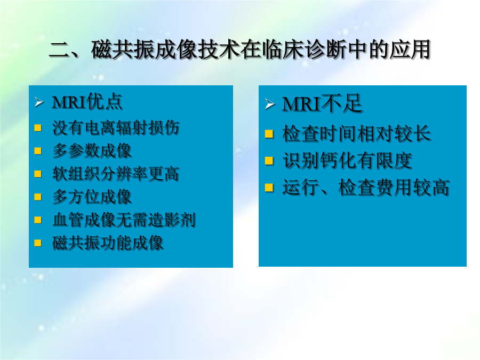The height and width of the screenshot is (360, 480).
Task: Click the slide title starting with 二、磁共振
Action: pyautogui.click(x=239, y=49)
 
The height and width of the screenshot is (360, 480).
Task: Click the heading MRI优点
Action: pyautogui.click(x=87, y=101)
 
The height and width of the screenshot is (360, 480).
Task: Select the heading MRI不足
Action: pyautogui.click(x=322, y=103)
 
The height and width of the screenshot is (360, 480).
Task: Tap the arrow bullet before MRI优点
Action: pyautogui.click(x=39, y=102)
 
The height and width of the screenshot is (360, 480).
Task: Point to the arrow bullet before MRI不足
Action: pyautogui.click(x=269, y=104)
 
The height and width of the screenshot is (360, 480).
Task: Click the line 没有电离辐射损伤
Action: pyautogui.click(x=116, y=127)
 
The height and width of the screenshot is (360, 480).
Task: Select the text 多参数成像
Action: pyautogui.click(x=92, y=150)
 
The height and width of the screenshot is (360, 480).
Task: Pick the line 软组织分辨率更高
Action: pyautogui.click(x=116, y=173)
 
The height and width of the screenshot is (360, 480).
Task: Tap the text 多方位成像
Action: pyautogui.click(x=92, y=196)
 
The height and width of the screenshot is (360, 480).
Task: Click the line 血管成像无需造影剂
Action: pyautogui.click(x=124, y=220)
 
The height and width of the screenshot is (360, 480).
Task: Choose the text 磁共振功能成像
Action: pyautogui.click(x=108, y=243)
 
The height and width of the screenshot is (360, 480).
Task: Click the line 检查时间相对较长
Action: pyautogui.click(x=356, y=133)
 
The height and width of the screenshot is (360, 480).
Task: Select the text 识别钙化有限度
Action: pyautogui.click(x=347, y=161)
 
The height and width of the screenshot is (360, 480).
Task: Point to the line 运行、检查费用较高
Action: pyautogui.click(x=366, y=187)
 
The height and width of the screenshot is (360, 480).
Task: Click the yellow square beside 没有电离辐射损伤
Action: pyautogui.click(x=38, y=127)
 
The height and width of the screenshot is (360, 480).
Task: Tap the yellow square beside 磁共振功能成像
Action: pyautogui.click(x=38, y=243)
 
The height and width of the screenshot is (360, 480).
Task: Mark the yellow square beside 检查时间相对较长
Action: pyautogui.click(x=269, y=134)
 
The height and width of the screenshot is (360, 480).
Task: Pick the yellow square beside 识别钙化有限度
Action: pyautogui.click(x=269, y=161)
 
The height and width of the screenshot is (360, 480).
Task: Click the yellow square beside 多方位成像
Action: pyautogui.click(x=38, y=197)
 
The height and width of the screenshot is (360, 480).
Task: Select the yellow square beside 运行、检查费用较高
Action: pyautogui.click(x=269, y=187)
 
